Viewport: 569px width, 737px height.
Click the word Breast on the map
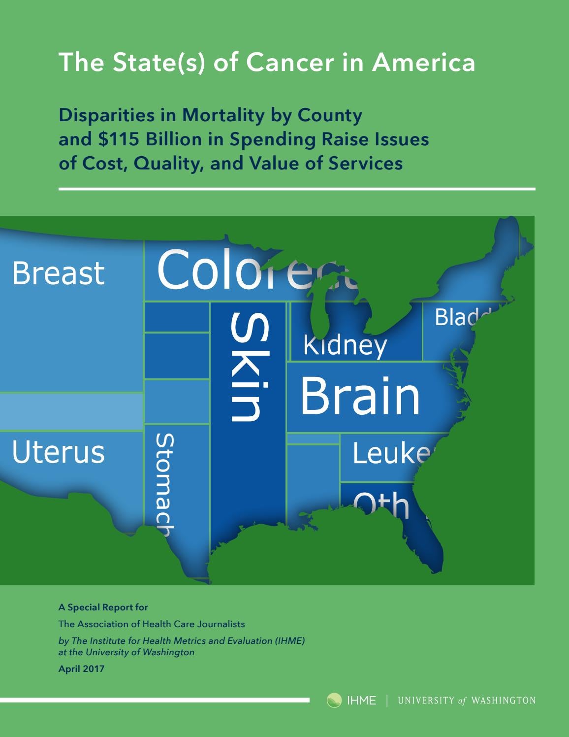(x=58, y=273)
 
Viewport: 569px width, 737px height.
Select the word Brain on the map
(x=360, y=396)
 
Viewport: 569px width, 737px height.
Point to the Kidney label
(x=345, y=345)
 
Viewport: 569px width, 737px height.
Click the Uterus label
(x=58, y=452)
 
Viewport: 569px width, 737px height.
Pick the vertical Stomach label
(x=164, y=485)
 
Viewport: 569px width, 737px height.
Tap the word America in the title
(x=423, y=63)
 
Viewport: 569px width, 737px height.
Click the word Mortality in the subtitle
(x=223, y=115)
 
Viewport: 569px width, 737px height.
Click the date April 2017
(x=81, y=669)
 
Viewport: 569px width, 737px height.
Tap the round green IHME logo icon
(x=334, y=700)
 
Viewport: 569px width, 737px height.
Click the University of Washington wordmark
(x=466, y=700)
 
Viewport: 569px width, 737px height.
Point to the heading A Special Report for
(x=103, y=607)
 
